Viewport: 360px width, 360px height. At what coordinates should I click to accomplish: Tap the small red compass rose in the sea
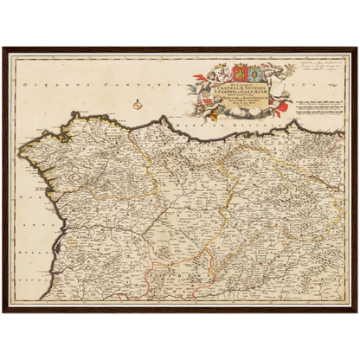tap(138, 106)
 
